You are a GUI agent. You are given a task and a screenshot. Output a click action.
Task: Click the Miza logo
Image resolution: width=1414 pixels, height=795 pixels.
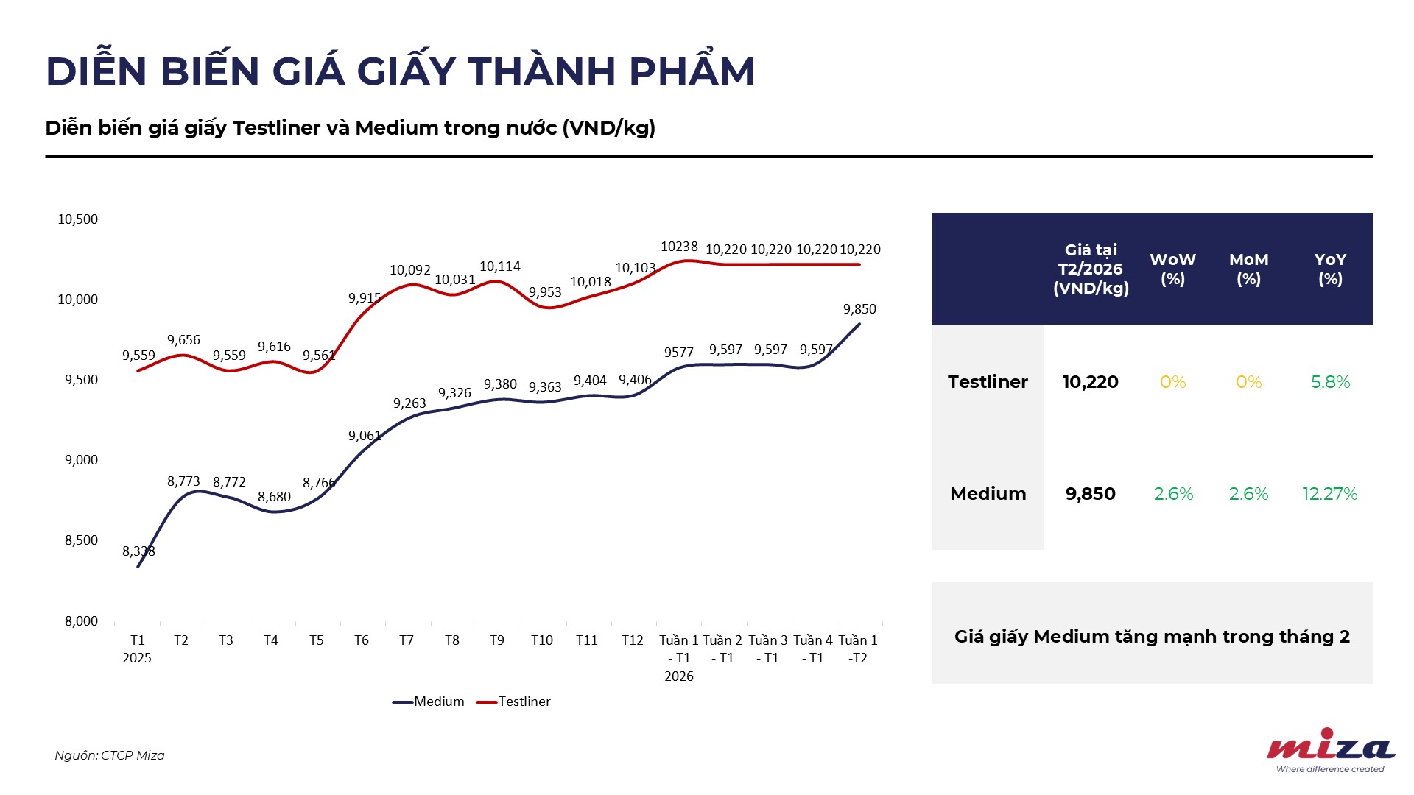click(1330, 749)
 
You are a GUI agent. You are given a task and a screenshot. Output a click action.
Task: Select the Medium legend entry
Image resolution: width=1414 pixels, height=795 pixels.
click(429, 702)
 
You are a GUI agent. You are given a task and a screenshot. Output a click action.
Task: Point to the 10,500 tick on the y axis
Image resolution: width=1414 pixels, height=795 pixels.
click(78, 219)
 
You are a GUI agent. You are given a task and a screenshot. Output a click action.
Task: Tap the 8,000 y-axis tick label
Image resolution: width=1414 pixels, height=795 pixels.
click(81, 621)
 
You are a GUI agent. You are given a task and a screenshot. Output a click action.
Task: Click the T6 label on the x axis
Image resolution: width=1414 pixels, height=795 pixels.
click(362, 640)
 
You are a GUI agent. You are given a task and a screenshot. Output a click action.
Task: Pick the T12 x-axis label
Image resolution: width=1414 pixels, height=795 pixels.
click(633, 640)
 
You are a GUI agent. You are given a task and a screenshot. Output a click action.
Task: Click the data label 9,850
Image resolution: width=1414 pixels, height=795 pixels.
click(859, 309)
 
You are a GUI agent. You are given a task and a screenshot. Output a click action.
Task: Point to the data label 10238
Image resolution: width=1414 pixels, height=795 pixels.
click(679, 247)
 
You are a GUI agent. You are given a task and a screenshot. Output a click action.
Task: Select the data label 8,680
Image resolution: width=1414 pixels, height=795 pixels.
click(274, 497)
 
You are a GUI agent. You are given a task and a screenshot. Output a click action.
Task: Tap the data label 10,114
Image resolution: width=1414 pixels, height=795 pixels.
click(500, 266)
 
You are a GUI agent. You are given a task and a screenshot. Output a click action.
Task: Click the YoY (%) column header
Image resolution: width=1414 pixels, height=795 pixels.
click(1330, 269)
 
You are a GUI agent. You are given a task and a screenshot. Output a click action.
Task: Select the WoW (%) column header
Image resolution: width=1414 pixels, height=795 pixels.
click(1172, 269)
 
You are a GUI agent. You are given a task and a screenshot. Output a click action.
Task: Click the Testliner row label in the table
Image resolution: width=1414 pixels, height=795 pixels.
click(988, 382)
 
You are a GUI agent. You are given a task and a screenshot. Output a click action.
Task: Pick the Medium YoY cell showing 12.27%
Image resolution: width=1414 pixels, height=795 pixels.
click(1329, 494)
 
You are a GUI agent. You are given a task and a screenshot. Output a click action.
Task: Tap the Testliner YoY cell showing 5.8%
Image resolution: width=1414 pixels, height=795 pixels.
click(1330, 382)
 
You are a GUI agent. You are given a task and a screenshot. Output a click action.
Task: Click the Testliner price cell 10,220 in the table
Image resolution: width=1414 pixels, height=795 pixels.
click(1090, 382)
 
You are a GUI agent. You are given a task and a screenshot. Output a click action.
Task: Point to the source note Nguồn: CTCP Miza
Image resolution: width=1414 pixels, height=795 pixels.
click(110, 755)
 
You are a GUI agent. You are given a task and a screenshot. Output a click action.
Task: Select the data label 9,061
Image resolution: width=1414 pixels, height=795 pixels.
click(365, 436)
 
